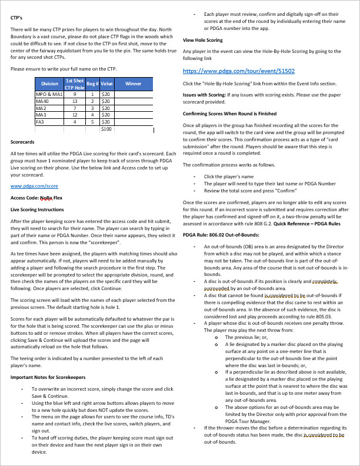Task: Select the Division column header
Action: click(x=50, y=84)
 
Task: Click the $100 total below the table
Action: click(x=106, y=129)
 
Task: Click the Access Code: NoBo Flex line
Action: click(x=36, y=198)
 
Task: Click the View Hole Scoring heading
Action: click(x=202, y=40)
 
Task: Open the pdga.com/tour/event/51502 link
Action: click(x=239, y=71)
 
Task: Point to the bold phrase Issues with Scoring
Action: click(x=204, y=95)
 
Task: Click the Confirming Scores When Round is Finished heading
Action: click(x=229, y=114)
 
